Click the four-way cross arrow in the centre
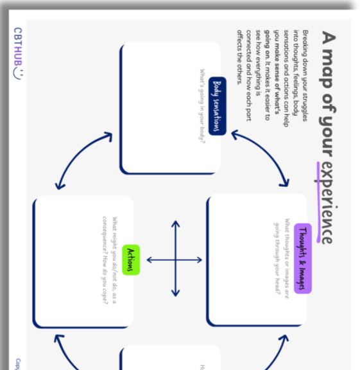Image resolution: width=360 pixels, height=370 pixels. click(175, 260)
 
